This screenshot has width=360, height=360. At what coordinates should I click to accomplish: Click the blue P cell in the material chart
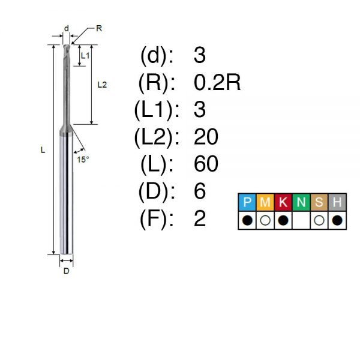(247, 202)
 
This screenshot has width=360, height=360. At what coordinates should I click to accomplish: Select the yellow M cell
(265, 202)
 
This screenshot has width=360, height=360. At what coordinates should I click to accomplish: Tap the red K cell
(283, 202)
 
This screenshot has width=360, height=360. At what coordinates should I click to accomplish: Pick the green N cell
(301, 202)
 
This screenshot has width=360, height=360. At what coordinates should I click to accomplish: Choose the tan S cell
(319, 202)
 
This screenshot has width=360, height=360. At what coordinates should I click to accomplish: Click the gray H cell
(337, 202)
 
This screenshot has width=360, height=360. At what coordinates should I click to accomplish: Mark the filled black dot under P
(247, 220)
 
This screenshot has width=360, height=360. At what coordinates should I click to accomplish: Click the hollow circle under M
(265, 220)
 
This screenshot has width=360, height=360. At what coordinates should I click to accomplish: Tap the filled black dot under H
(337, 220)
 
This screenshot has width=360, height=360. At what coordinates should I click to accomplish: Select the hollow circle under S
(319, 220)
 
